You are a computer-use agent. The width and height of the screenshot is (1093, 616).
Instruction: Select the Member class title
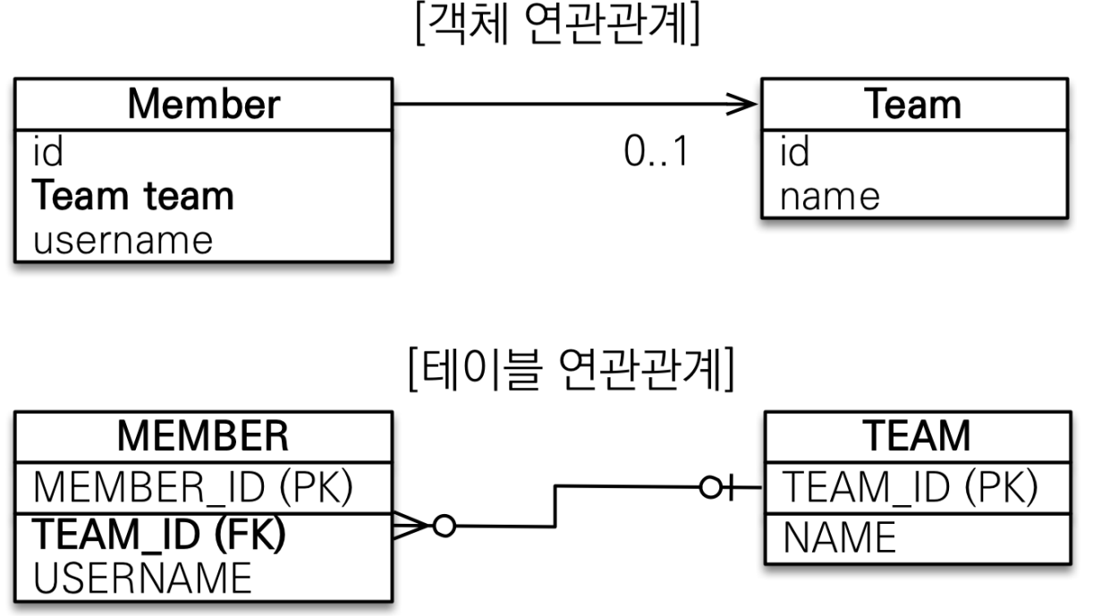[x=203, y=105]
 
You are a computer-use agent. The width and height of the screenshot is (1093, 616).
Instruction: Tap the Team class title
[x=913, y=105]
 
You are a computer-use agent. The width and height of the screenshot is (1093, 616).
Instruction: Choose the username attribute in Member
[x=123, y=239]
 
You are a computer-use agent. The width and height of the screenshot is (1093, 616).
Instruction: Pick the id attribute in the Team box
[x=794, y=153]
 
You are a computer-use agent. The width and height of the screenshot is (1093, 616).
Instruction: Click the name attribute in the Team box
[x=829, y=196]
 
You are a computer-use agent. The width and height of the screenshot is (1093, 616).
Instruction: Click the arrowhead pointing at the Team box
[x=741, y=105]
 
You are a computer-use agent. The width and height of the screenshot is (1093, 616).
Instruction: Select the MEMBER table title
[x=203, y=437]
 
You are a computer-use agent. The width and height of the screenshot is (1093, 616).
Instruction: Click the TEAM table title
[x=918, y=437]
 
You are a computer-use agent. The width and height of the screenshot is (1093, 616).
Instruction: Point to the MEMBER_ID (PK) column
[x=192, y=489]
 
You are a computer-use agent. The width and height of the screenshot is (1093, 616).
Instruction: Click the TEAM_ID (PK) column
[x=909, y=488]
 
